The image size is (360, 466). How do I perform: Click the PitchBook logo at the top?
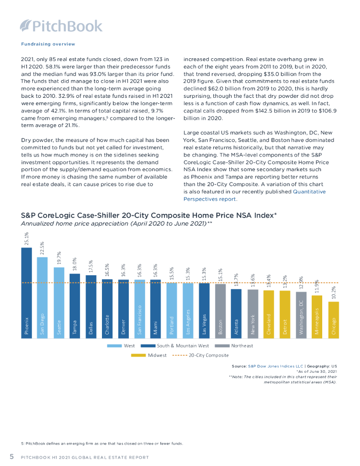[61, 26]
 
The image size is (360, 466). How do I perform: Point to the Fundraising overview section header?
[48, 44]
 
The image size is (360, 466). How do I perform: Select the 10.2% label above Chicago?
[334, 293]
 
